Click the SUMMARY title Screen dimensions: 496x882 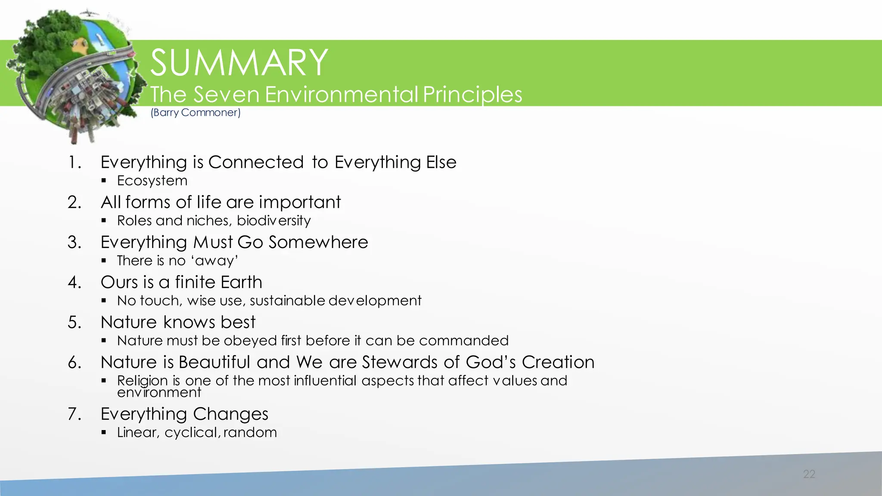click(x=239, y=63)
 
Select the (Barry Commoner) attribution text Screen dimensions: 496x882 click(x=196, y=113)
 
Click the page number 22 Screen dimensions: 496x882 click(x=809, y=474)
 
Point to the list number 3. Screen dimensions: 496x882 click(x=74, y=242)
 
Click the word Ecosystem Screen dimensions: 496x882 click(x=152, y=181)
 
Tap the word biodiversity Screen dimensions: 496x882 click(x=273, y=221)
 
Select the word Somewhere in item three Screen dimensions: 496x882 click(x=318, y=242)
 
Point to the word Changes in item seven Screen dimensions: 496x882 click(x=230, y=414)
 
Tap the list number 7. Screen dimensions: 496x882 click(x=74, y=414)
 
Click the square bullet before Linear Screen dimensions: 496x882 click(x=104, y=432)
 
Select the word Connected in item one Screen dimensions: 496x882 click(x=256, y=162)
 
